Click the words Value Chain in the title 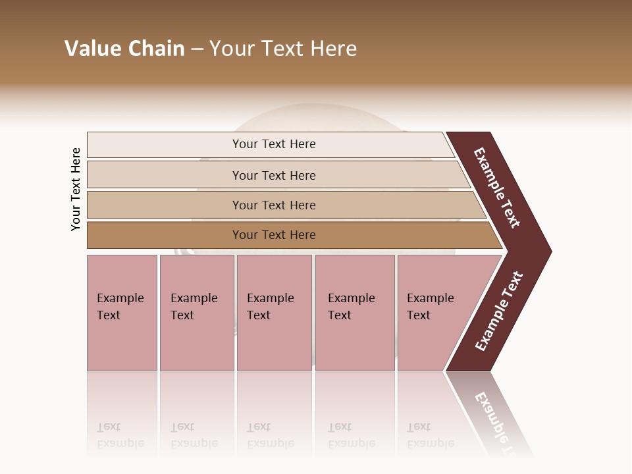pos(124,49)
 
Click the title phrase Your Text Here pos(283,49)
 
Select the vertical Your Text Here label pos(76,189)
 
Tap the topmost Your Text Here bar pos(274,144)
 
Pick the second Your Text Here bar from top pos(274,175)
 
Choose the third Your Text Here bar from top pos(274,205)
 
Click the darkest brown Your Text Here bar pos(274,235)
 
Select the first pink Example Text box pos(122,313)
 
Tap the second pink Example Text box pos(196,313)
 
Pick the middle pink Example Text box pos(274,313)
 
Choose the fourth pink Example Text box pos(354,313)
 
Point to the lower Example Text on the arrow pos(499,311)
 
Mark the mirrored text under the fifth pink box pos(430,435)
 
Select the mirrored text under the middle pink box pos(270,435)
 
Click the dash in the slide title pos(197,49)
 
